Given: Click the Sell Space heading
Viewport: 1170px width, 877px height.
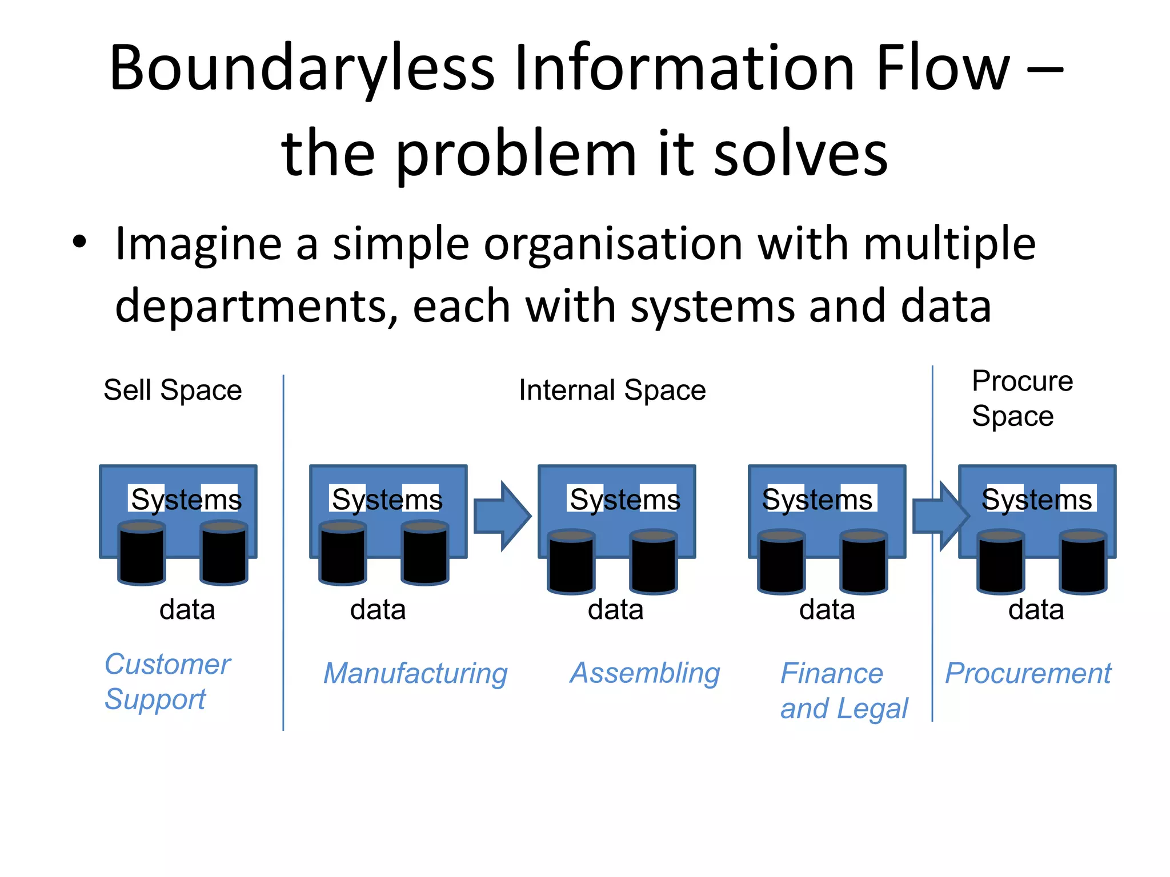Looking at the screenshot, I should coord(173,391).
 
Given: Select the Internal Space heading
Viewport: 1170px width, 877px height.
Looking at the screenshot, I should coord(612,391).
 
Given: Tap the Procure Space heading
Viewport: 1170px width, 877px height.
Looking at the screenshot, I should coord(1022,398).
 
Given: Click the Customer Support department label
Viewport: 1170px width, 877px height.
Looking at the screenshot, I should coord(167,681).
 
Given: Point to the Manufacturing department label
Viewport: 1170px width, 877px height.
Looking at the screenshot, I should coord(415,673).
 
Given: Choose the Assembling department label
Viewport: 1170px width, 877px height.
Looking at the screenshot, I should coord(645,673).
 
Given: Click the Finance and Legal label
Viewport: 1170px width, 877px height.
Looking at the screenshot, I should coord(843,690).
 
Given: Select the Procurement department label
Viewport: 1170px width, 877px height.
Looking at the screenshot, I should coord(1028,673).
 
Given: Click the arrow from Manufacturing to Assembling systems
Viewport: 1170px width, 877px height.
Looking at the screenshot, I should coord(502,516).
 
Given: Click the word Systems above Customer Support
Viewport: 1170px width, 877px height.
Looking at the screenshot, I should coord(186,500).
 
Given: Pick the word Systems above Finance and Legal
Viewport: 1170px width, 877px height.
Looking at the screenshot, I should coord(817,500).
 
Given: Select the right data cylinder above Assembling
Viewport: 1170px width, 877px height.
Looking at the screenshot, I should coord(654,562).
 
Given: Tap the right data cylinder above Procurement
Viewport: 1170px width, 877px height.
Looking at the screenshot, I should coord(1083,562).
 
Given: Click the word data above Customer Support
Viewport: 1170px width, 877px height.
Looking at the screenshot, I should coord(187,609).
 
